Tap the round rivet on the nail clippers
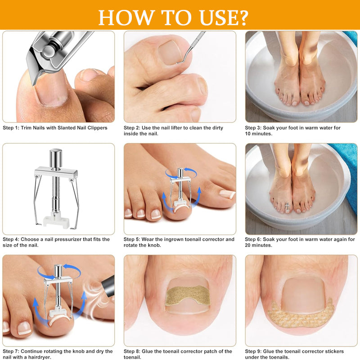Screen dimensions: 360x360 [48, 51]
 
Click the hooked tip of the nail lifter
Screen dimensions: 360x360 [178, 63]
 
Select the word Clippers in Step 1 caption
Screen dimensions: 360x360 [97, 128]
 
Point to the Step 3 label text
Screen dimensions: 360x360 [253, 128]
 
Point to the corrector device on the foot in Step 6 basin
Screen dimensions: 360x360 [287, 206]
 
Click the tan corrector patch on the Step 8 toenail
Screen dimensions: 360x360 [188, 296]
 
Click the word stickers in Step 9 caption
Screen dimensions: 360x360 [334, 351]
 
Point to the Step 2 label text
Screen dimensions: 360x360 [131, 128]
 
